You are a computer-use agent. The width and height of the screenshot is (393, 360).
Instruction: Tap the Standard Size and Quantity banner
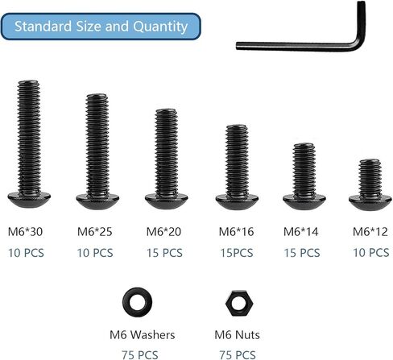pyautogui.click(x=101, y=27)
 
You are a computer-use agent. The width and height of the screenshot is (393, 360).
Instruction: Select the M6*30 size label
pyautogui.click(x=25, y=232)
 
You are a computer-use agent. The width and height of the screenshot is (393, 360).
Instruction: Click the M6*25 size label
pyautogui.click(x=95, y=232)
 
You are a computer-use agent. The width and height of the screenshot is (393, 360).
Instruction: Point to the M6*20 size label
pyautogui.click(x=163, y=232)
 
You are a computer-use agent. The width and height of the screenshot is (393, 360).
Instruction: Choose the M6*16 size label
pyautogui.click(x=236, y=232)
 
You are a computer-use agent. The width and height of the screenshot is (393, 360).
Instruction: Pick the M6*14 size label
pyautogui.click(x=301, y=232)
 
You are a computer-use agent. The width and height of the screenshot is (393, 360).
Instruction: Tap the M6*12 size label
pyautogui.click(x=370, y=232)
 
